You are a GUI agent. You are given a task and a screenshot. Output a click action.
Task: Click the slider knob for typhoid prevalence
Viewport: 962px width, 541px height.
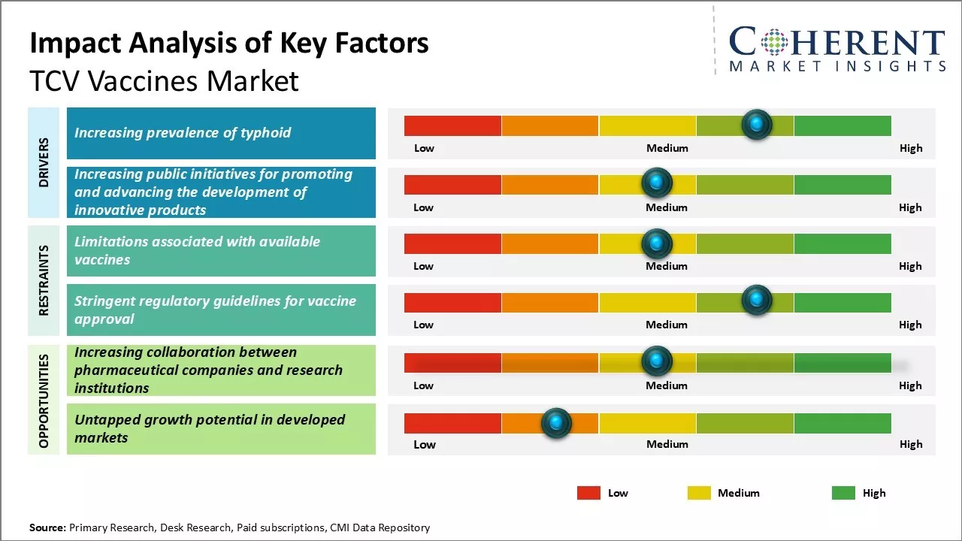(756, 124)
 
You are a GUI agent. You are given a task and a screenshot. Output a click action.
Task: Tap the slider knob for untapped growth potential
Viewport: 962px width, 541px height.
(556, 423)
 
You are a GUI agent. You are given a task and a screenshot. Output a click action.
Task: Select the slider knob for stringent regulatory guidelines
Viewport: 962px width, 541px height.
(756, 301)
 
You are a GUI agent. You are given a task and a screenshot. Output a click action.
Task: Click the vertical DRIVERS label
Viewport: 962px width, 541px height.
(44, 162)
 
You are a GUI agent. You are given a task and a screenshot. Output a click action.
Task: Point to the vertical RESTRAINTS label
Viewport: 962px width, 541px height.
(44, 280)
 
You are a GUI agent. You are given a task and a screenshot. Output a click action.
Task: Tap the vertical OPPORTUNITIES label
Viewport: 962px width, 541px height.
(44, 400)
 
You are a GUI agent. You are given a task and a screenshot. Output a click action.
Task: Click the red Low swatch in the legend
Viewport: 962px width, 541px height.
(588, 493)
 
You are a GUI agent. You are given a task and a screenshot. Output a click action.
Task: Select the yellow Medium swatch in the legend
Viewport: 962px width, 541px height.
(699, 493)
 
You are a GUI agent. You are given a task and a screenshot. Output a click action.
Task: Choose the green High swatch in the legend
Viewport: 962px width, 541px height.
(843, 493)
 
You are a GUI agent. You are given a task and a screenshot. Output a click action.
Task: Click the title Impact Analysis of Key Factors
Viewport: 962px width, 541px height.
(229, 44)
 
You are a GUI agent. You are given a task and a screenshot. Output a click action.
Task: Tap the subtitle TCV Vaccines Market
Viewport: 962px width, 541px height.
(164, 81)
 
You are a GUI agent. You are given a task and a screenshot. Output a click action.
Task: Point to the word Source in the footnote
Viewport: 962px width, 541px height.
(47, 527)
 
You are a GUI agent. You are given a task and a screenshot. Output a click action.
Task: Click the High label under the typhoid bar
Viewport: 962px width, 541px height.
(910, 148)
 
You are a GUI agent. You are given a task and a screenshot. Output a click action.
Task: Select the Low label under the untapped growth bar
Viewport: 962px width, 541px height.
(424, 444)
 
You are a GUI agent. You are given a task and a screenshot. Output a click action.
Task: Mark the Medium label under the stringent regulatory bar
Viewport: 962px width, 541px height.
(667, 325)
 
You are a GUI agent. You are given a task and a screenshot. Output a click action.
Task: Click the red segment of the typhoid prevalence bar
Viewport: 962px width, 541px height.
(452, 125)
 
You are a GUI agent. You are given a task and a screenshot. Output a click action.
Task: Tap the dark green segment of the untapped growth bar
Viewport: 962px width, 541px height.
(843, 423)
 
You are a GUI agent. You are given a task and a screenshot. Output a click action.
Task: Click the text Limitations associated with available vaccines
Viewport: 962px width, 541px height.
(197, 250)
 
